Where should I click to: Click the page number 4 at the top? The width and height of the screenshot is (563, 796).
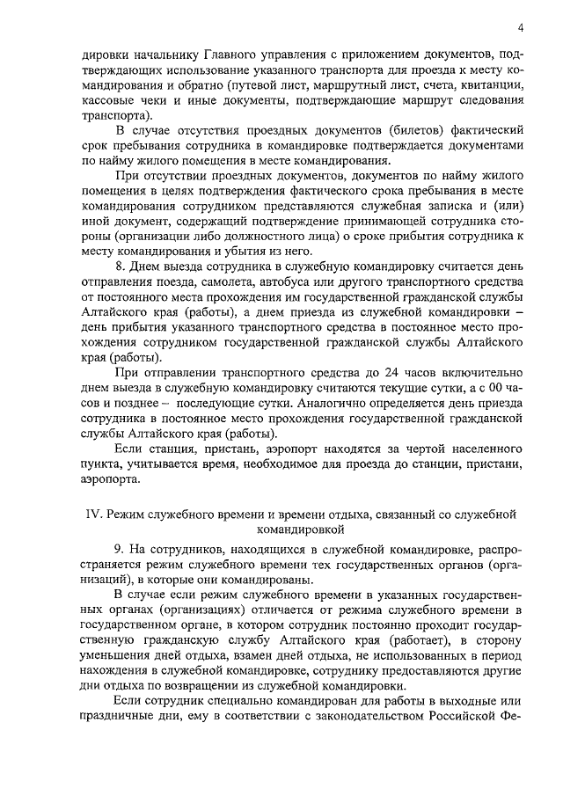coord(521,26)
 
